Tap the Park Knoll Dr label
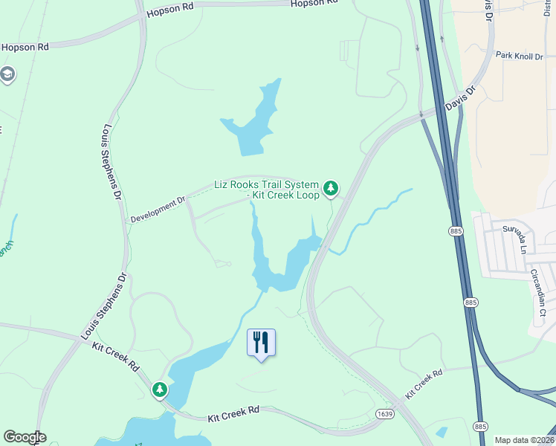pyautogui.click(x=520, y=56)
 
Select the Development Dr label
pyautogui.click(x=158, y=210)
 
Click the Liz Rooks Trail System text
pyautogui.click(x=266, y=184)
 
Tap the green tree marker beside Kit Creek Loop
pyautogui.click(x=331, y=190)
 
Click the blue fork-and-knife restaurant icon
pyautogui.click(x=261, y=343)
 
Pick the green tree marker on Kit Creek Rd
pyautogui.click(x=160, y=390)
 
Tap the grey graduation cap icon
pyautogui.click(x=8, y=75)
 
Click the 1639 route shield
pyautogui.click(x=384, y=414)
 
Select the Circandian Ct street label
pyautogui.click(x=538, y=293)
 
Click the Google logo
pyautogui.click(x=25, y=437)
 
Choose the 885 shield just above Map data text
pyautogui.click(x=480, y=426)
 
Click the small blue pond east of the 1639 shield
pyautogui.click(x=442, y=431)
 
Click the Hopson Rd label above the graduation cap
pyautogui.click(x=25, y=46)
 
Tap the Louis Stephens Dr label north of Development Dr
pyautogui.click(x=111, y=162)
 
